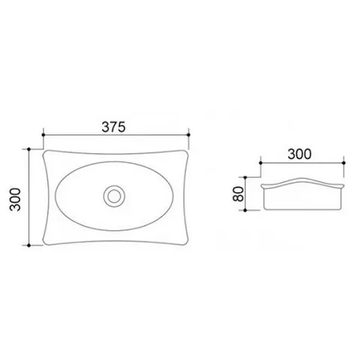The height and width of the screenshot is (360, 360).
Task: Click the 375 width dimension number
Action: click(x=113, y=127)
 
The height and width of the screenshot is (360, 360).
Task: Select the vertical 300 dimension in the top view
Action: click(x=15, y=199)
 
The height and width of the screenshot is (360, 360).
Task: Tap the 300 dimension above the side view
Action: click(x=299, y=154)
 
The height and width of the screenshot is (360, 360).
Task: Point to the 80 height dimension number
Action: click(x=238, y=194)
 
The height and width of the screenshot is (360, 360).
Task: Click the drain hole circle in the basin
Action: click(x=114, y=196)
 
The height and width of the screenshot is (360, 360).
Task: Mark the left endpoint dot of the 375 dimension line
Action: click(x=43, y=135)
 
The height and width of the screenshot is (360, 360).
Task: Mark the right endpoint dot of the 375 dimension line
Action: click(x=188, y=135)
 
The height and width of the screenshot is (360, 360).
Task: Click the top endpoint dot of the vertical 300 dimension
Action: click(x=29, y=149)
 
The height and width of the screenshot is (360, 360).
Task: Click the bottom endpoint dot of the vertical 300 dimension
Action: click(x=29, y=245)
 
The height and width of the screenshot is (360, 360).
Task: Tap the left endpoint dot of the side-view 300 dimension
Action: click(x=260, y=163)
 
